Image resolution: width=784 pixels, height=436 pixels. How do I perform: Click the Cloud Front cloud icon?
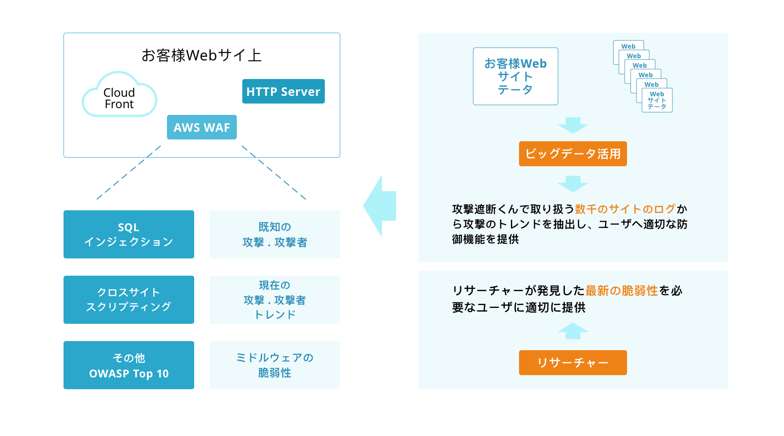pyautogui.click(x=119, y=94)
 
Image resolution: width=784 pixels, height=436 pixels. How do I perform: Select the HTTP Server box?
pyautogui.click(x=284, y=91)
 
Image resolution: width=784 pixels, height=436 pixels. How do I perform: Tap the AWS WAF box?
pyautogui.click(x=202, y=127)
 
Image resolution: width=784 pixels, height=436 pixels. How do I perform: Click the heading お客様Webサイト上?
pyautogui.click(x=201, y=55)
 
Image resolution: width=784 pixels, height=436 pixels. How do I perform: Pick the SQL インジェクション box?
pyautogui.click(x=129, y=234)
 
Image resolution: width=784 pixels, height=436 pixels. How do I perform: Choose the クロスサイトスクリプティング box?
pyautogui.click(x=129, y=300)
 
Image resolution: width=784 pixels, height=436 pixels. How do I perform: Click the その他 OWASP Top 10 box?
pyautogui.click(x=129, y=365)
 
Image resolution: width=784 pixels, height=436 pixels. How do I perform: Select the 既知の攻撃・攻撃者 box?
pyautogui.click(x=275, y=234)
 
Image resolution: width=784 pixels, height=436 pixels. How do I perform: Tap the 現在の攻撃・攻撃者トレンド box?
pyautogui.click(x=275, y=300)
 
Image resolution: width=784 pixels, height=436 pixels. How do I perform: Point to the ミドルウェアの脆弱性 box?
pyautogui.click(x=275, y=365)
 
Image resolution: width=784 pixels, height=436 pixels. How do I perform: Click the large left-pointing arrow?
pyautogui.click(x=380, y=206)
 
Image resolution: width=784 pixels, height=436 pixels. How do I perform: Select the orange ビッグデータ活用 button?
pyautogui.click(x=573, y=154)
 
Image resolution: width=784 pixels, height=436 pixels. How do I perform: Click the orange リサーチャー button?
pyautogui.click(x=573, y=362)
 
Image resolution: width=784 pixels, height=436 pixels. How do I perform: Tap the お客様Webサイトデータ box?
pyautogui.click(x=515, y=76)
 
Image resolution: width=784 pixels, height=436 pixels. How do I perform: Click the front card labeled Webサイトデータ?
pyautogui.click(x=657, y=100)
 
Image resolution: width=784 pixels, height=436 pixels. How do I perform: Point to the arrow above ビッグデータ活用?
pyautogui.click(x=573, y=125)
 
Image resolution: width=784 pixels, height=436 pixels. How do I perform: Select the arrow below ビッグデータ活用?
pyautogui.click(x=573, y=184)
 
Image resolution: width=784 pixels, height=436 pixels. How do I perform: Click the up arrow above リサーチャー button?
pyautogui.click(x=573, y=331)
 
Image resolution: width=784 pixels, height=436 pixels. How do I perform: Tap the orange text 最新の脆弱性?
pyautogui.click(x=622, y=291)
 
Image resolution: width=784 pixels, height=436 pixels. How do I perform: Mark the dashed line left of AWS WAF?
pyautogui.click(x=129, y=173)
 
